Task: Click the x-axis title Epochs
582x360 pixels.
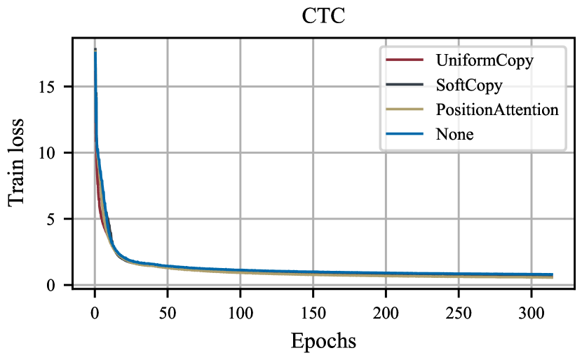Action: tap(323, 342)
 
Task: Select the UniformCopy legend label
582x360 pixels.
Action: tap(485, 60)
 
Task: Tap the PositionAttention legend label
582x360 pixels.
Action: tap(497, 109)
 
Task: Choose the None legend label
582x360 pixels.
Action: tap(454, 134)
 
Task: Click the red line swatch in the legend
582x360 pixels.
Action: tap(405, 60)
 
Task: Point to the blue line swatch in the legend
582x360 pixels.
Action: tap(405, 134)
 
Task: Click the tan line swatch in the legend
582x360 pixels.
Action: tap(405, 109)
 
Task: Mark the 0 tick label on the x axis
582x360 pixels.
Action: tap(95, 311)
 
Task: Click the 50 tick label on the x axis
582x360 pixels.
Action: tap(167, 311)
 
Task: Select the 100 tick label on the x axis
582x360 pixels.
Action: tap(240, 311)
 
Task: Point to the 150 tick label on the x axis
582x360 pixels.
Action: tap(313, 311)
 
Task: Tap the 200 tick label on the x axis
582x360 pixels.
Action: tap(386, 311)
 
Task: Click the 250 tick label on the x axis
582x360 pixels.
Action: tap(459, 311)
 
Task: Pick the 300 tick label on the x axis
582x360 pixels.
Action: tap(531, 311)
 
